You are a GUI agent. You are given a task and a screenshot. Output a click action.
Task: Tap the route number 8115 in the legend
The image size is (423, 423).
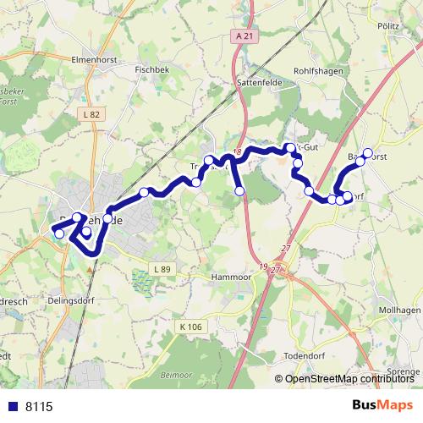tap(39, 407)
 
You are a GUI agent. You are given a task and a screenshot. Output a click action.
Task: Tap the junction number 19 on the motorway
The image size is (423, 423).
tap(264, 266)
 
